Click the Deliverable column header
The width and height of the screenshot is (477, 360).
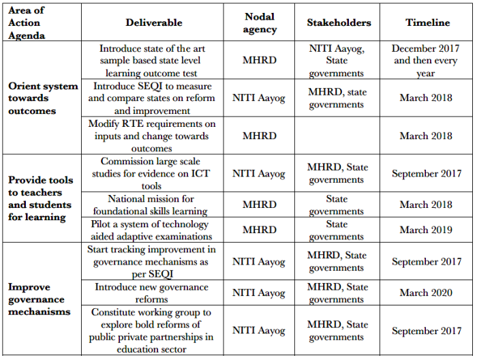154,22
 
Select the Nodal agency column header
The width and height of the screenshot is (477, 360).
260,22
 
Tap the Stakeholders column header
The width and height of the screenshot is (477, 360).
339,22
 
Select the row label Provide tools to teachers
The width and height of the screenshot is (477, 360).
40,198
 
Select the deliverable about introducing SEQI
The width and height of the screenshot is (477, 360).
154,98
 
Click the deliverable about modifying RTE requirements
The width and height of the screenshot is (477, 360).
154,136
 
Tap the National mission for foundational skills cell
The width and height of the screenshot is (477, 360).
154,205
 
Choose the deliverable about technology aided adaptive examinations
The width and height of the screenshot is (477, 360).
154,230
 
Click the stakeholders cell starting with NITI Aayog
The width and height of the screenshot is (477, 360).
337,61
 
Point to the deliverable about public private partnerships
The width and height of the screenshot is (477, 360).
154,331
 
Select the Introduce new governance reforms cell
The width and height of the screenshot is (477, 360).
154,293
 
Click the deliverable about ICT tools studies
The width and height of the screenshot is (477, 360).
154,173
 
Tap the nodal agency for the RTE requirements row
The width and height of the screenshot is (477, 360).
260,136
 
